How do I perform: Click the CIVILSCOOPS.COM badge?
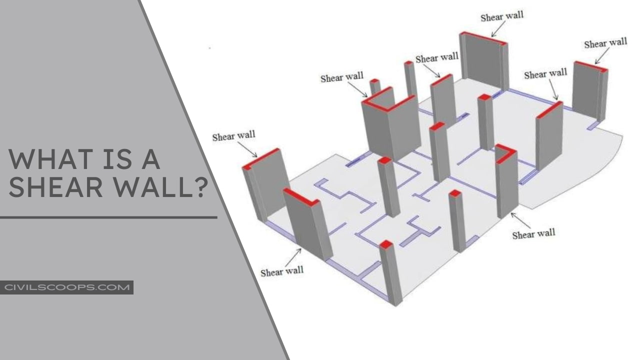pos(66,287)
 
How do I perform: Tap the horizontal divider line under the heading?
pos(108,217)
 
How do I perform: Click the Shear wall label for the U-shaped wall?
pos(341,77)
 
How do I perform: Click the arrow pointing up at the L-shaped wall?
pos(520,220)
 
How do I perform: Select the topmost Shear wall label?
pos(501,16)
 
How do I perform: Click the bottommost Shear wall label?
pos(281,271)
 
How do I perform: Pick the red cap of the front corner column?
pos(386,244)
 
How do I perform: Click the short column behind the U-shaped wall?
pos(375,86)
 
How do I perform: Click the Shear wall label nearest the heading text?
pos(233,136)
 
